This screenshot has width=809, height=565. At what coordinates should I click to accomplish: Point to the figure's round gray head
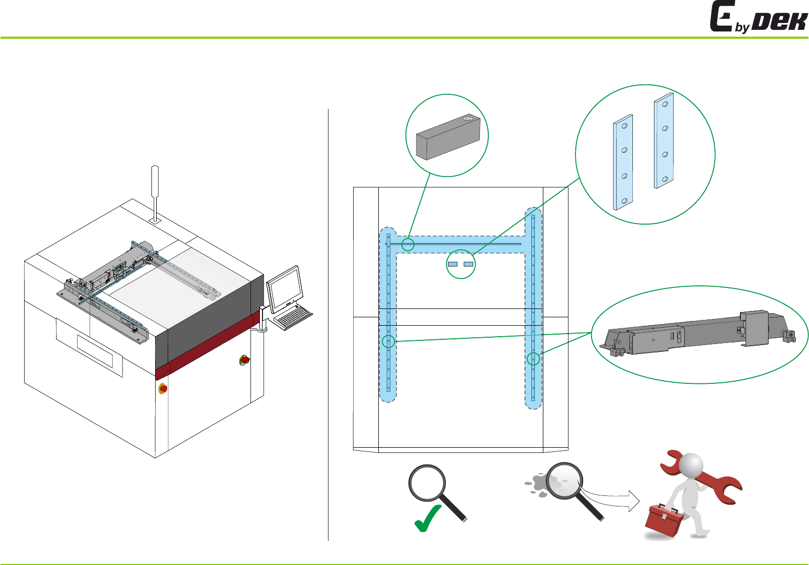pyautogui.click(x=691, y=464)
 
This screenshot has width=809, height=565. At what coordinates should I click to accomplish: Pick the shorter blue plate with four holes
pyautogui.click(x=623, y=162)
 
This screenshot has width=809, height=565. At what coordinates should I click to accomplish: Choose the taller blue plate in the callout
pyautogui.click(x=664, y=140)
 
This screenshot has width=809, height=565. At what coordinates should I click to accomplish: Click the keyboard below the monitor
pyautogui.click(x=293, y=317)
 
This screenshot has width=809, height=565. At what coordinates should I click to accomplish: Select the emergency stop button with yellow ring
pyautogui.click(x=163, y=389)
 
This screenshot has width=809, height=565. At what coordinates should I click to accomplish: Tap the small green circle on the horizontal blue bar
pyautogui.click(x=408, y=244)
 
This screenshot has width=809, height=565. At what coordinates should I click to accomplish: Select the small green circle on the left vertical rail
pyautogui.click(x=388, y=341)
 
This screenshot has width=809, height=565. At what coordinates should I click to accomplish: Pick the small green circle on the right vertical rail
pyautogui.click(x=533, y=359)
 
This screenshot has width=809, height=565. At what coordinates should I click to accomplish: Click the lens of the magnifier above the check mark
pyautogui.click(x=427, y=482)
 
